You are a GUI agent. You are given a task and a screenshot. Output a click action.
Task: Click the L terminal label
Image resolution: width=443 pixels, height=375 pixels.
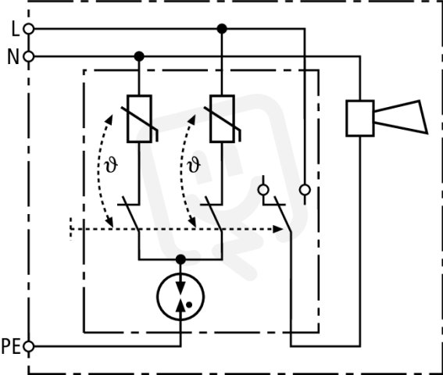(16, 29)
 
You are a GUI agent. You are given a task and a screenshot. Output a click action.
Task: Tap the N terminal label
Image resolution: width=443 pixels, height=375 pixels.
(13, 57)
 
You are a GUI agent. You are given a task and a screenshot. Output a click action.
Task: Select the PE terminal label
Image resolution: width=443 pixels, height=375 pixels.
(11, 346)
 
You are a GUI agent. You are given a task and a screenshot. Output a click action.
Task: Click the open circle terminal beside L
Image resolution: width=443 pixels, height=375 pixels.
(28, 29)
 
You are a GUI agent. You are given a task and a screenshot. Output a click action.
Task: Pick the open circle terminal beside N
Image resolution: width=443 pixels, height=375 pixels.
(28, 56)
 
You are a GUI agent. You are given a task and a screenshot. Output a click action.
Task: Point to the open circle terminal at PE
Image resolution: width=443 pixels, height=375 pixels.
(28, 346)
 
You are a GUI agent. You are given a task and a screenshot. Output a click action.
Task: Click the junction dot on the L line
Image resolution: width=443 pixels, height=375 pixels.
(222, 29)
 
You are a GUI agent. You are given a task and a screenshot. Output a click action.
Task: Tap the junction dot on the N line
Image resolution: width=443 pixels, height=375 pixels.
(139, 56)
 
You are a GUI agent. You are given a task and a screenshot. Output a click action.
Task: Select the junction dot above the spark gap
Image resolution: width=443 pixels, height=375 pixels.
(180, 259)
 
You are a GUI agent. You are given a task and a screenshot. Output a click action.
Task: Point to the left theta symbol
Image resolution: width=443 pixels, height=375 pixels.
(111, 165)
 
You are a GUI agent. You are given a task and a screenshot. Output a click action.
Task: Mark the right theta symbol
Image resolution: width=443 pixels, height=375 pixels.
(194, 165)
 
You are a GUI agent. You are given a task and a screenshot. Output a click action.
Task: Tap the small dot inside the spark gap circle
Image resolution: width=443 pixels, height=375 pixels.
(189, 305)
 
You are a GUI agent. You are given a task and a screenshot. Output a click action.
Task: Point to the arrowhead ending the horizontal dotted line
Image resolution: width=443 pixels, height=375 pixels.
(277, 229)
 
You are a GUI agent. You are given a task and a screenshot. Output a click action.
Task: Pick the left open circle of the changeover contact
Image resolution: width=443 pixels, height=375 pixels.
(263, 190)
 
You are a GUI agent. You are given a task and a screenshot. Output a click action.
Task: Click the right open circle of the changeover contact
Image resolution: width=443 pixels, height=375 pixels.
(305, 190)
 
